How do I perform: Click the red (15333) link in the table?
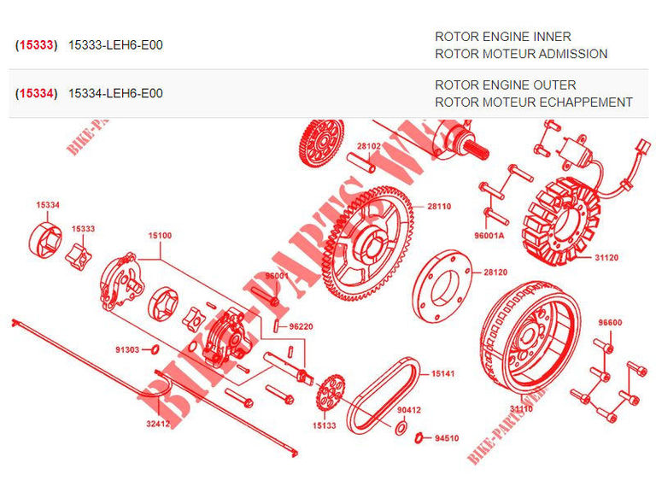[36, 44]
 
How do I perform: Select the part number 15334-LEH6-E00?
[114, 93]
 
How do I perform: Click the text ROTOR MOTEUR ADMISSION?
[521, 54]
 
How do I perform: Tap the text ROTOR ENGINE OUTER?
[505, 85]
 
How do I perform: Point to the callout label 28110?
[439, 206]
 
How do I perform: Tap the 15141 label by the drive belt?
[442, 374]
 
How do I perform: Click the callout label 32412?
[158, 422]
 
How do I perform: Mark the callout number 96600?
[610, 323]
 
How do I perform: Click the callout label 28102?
[369, 146]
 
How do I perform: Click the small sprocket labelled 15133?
[328, 395]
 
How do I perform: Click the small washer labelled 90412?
[401, 426]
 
